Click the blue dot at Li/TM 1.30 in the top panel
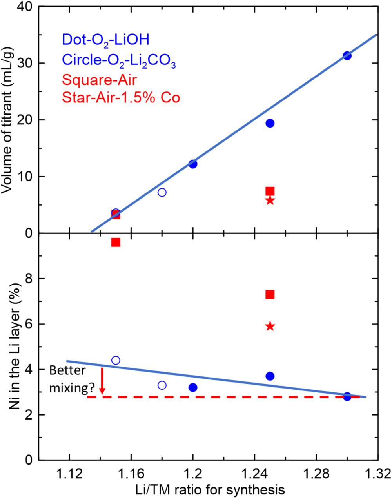(347, 56)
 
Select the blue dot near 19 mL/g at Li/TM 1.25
(270, 123)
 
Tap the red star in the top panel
(270, 201)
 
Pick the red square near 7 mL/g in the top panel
(270, 191)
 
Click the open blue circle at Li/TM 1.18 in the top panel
(162, 192)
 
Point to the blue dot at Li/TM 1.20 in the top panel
(193, 164)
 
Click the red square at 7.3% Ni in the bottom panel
(270, 294)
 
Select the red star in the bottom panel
(270, 326)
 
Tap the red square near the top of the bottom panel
(116, 243)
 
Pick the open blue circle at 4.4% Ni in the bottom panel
(116, 360)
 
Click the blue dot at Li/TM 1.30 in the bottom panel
(347, 396)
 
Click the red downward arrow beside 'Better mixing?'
(102, 381)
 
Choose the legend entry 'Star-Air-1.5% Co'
(121, 97)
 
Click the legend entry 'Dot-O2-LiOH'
(106, 40)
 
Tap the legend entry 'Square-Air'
(100, 80)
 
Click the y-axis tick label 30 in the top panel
(24, 63)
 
